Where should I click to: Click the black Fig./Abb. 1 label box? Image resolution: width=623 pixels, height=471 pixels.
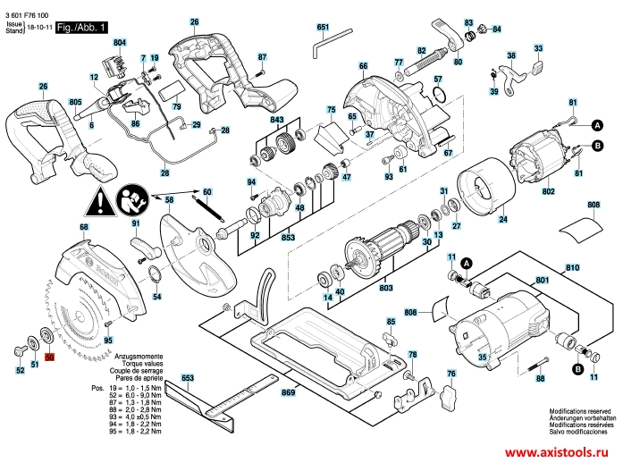click(81, 28)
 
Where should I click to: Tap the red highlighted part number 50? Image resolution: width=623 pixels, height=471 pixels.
click(50, 357)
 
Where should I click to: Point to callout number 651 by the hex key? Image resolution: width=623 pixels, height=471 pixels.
click(323, 28)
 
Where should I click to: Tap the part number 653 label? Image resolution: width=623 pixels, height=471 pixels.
click(187, 379)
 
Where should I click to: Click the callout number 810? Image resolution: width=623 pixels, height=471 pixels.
click(572, 267)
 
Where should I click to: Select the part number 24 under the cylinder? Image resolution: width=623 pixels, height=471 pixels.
click(503, 219)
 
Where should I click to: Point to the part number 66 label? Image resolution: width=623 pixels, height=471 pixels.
click(363, 66)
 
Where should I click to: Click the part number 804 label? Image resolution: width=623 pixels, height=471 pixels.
click(120, 43)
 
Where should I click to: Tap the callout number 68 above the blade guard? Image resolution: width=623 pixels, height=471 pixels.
click(84, 228)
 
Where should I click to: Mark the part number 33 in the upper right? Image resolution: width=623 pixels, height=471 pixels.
click(537, 47)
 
